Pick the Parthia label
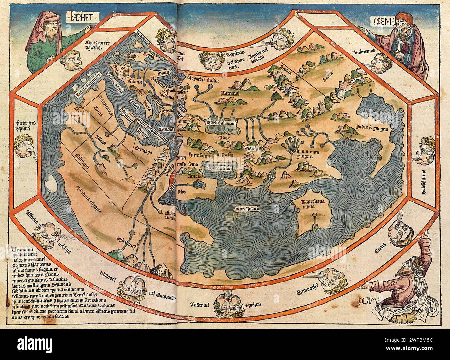(253, 148)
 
